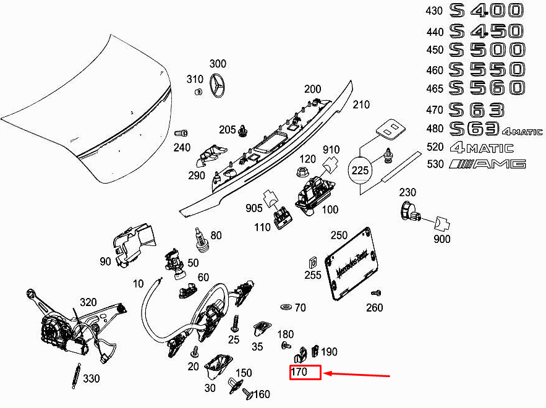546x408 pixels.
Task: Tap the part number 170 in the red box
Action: tap(300, 372)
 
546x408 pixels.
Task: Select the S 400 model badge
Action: tap(487, 11)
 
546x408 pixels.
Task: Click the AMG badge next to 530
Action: tap(488, 164)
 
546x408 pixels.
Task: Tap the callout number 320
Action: tap(88, 302)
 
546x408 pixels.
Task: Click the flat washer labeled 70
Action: tap(286, 307)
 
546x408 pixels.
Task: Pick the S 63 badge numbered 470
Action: tap(476, 110)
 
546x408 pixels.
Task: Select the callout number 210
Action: tap(361, 105)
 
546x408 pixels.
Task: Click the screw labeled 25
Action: tap(235, 322)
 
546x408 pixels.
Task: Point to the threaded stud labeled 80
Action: tap(200, 237)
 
